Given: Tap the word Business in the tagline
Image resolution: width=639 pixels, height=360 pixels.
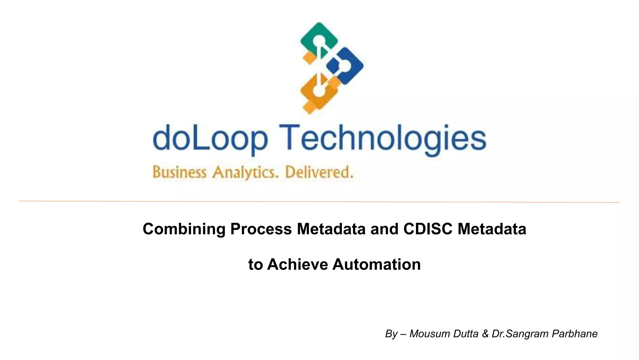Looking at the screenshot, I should pos(179,172).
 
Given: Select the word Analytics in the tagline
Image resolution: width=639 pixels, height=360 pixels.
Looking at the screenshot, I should pos(245,172).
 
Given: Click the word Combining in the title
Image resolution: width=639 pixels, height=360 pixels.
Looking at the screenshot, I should pos(184,229).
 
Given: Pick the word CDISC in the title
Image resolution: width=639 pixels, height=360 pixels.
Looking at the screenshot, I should pos(427,229).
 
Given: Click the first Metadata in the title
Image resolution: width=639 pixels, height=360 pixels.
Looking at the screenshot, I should pos(331,229).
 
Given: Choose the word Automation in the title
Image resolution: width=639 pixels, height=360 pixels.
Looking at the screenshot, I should pos(376,264).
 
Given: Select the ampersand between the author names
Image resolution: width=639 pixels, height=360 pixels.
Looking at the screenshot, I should pos(485,334).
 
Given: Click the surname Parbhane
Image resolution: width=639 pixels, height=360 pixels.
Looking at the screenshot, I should pos(574,334).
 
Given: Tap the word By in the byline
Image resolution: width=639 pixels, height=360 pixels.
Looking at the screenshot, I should pos(391,334).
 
